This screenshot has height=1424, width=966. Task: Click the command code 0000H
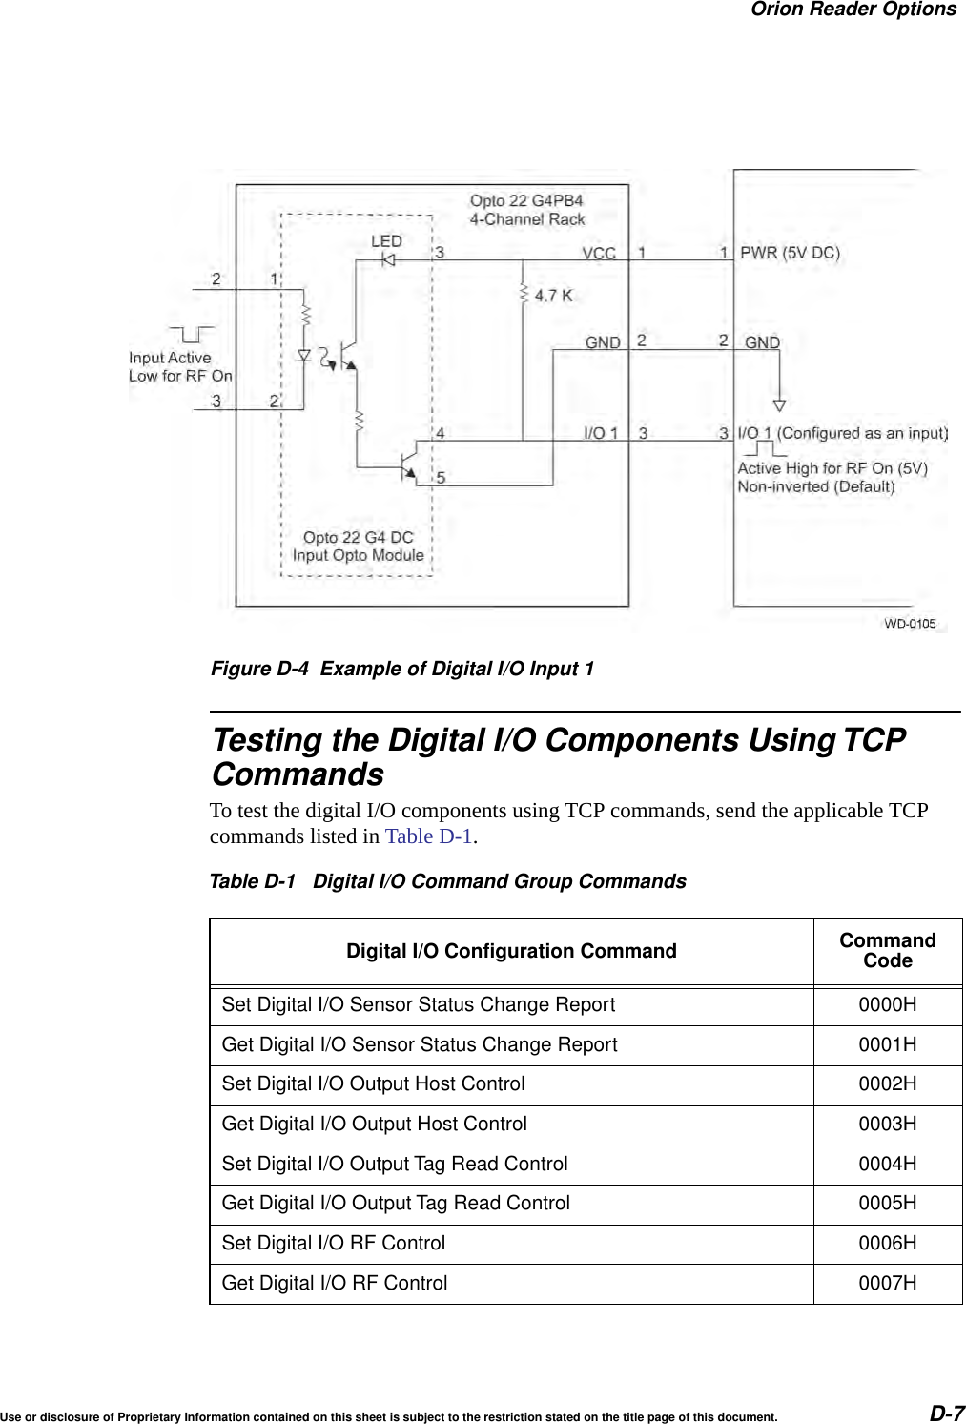[888, 1005]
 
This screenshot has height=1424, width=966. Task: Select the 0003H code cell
[888, 1125]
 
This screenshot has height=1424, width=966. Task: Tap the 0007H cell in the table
[888, 1284]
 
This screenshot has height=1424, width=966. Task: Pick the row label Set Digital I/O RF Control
[334, 1244]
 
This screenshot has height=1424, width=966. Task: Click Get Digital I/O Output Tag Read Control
[396, 1204]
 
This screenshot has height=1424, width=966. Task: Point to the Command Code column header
[888, 950]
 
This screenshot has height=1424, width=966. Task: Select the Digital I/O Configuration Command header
[511, 951]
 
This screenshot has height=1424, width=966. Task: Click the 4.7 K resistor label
[553, 296]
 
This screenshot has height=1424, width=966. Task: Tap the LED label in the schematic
[387, 242]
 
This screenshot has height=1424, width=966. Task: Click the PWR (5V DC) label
[790, 253]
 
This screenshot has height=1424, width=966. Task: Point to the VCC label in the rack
[599, 254]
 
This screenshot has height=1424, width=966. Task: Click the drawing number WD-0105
[910, 624]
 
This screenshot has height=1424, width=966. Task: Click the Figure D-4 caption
[401, 669]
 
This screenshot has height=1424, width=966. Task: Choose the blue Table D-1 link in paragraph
[428, 837]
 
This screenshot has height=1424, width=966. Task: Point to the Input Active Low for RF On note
[180, 366]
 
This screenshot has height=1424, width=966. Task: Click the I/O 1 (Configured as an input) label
[843, 433]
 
